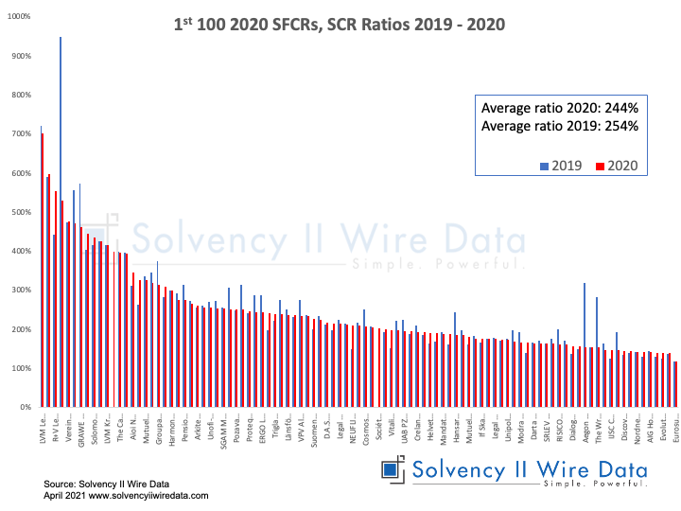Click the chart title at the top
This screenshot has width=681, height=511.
coord(340,22)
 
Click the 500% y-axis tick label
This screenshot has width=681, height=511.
coord(19,212)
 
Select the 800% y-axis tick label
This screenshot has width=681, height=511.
coord(19,95)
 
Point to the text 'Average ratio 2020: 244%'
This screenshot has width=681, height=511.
coord(560,108)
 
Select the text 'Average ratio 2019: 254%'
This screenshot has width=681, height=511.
coord(560,126)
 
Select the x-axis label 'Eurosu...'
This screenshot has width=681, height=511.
coord(673,430)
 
